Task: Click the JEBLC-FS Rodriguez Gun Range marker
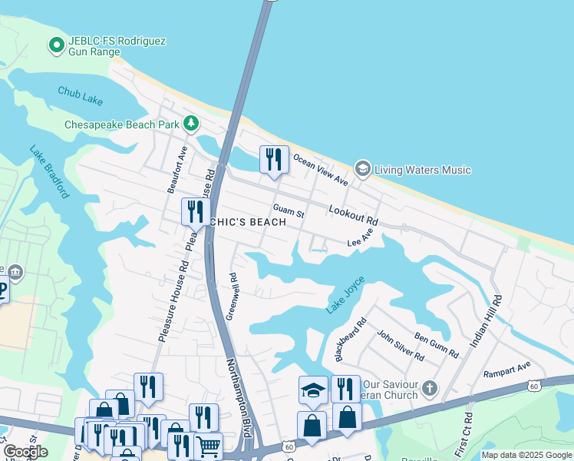(56, 46)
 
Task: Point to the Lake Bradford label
(50, 172)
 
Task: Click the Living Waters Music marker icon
(362, 168)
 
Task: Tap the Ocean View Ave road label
(320, 169)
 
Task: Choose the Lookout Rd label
(353, 215)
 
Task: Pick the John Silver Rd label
(400, 346)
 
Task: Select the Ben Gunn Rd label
(436, 346)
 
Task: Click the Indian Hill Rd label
(485, 320)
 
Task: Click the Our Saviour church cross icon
(430, 389)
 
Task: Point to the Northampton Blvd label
(239, 398)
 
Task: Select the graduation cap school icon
(313, 389)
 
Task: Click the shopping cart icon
(209, 445)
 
